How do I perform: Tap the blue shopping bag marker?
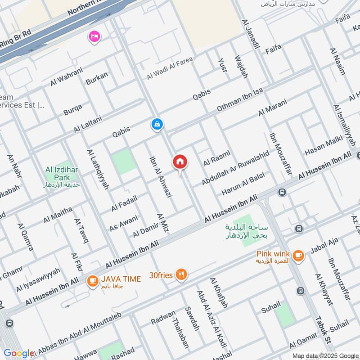(x=157, y=124)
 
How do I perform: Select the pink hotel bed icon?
(x=94, y=36)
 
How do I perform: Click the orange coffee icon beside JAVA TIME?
(x=93, y=280)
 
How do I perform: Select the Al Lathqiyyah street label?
(x=96, y=167)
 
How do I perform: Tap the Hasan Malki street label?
(x=324, y=147)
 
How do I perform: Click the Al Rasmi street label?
(x=216, y=157)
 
